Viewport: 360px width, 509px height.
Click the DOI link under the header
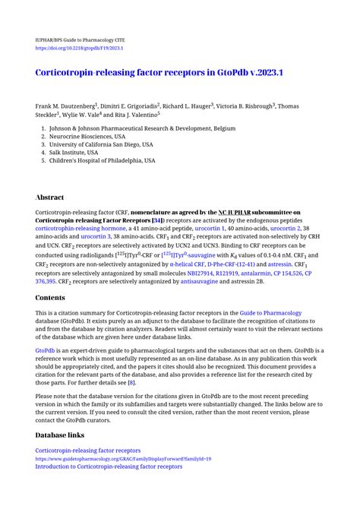(x=79, y=47)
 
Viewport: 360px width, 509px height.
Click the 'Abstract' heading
(x=50, y=197)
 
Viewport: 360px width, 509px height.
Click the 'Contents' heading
(x=51, y=299)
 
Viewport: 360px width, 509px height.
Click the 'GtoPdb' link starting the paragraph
(x=45, y=350)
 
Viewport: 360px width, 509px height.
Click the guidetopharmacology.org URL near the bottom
(x=123, y=459)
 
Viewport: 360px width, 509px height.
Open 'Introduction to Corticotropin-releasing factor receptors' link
(x=109, y=466)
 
